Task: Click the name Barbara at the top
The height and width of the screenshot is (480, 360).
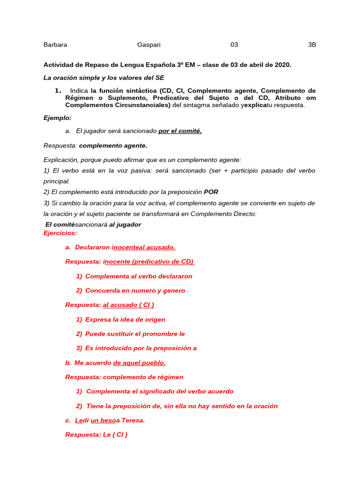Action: (x=55, y=45)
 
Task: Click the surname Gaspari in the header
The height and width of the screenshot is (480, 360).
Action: (x=149, y=45)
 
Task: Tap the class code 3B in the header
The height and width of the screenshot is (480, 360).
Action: (x=312, y=45)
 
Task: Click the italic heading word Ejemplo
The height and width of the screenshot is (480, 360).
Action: (x=57, y=118)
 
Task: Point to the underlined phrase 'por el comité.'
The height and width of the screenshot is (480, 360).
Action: (x=180, y=131)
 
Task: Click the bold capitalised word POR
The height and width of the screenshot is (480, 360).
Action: (x=211, y=192)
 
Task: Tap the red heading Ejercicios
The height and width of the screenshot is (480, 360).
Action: (x=60, y=233)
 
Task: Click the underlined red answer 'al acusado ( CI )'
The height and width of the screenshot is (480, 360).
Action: (x=128, y=305)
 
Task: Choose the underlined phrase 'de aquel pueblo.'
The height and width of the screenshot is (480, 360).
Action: (x=139, y=363)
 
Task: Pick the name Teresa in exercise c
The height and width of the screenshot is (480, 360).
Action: (x=133, y=420)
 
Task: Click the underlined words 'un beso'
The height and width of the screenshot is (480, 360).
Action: (x=103, y=420)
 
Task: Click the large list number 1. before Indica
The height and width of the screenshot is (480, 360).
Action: (x=58, y=90)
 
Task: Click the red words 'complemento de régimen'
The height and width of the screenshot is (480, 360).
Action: (x=143, y=377)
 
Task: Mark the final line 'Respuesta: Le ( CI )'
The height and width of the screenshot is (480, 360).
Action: (x=96, y=435)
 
